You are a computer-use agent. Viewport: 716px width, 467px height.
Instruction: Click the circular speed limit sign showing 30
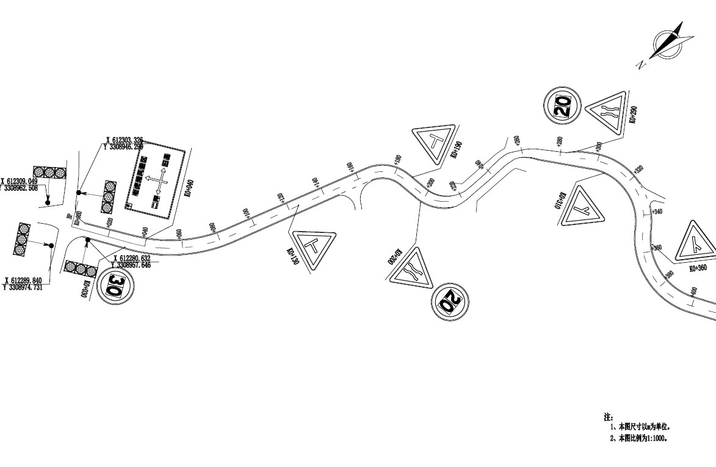(x=115, y=284)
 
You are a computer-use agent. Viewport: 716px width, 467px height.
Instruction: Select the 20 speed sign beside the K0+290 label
(x=562, y=105)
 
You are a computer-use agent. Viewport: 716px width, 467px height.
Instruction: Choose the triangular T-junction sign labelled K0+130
(x=314, y=248)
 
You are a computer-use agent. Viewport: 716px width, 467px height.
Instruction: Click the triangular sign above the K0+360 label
(x=695, y=242)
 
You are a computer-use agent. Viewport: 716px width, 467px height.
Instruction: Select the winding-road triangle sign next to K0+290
(x=608, y=112)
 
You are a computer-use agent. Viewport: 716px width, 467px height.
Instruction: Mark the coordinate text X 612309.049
(x=20, y=182)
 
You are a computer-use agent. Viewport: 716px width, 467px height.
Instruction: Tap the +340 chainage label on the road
(x=656, y=212)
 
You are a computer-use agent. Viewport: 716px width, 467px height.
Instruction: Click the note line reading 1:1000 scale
(x=638, y=438)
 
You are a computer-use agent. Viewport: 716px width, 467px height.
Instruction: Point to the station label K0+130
(x=291, y=257)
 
